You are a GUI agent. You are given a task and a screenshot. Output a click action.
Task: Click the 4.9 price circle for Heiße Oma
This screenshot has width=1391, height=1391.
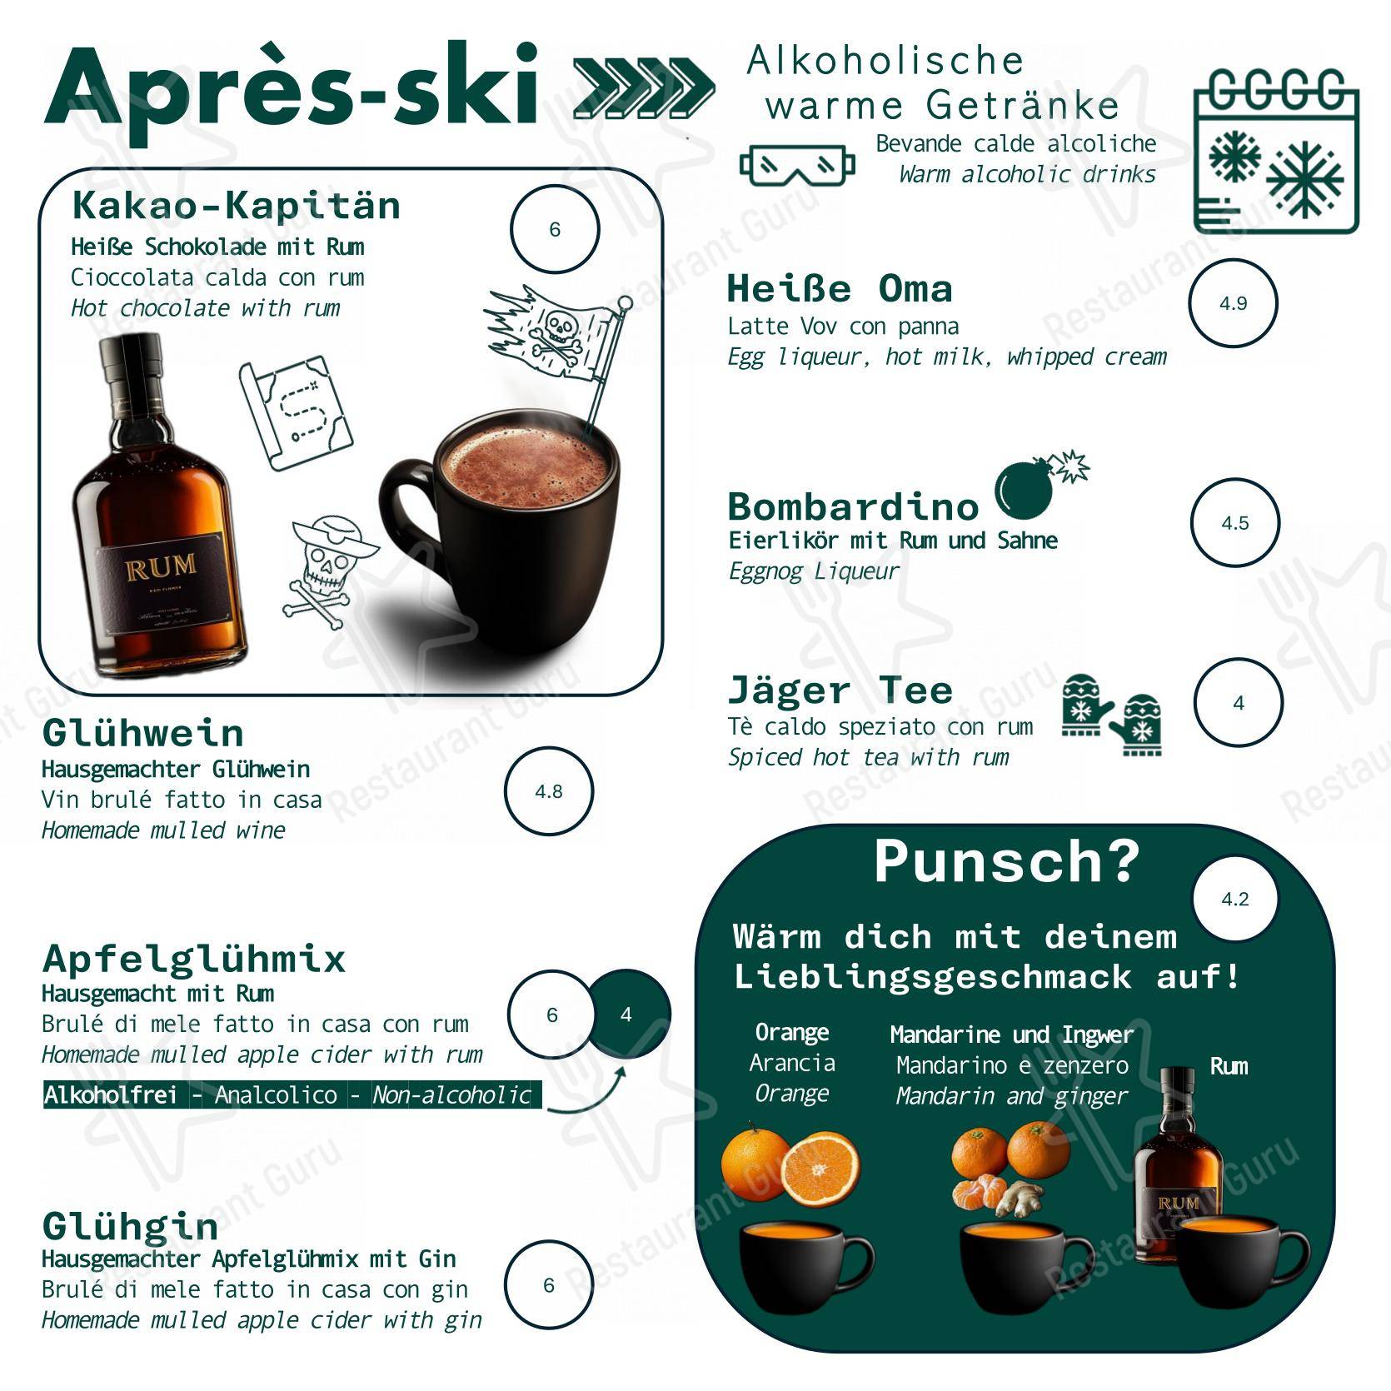pos(1233,303)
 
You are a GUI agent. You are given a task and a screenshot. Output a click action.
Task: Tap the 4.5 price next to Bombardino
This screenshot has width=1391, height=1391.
pos(1234,523)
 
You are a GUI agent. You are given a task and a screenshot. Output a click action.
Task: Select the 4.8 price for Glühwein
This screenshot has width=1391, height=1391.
pos(549,791)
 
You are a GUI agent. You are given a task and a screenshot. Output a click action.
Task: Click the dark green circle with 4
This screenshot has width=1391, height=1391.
pos(626,1015)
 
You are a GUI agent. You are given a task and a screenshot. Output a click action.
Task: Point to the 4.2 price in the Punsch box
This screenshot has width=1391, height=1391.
pos(1235,900)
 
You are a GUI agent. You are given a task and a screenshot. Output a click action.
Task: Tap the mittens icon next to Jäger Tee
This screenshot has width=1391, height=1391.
pos(1113,715)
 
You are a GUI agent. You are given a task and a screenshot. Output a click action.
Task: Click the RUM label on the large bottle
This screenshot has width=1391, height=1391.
pos(161,568)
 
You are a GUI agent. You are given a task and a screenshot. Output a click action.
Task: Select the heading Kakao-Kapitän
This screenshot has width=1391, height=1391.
pos(236,205)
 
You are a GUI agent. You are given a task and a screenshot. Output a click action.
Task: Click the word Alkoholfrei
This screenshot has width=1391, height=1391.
pos(111,1094)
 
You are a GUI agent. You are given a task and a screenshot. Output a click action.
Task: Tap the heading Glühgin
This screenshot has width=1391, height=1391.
pos(131,1227)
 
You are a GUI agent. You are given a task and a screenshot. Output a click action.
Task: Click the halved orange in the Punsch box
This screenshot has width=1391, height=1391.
pos(820,1168)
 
